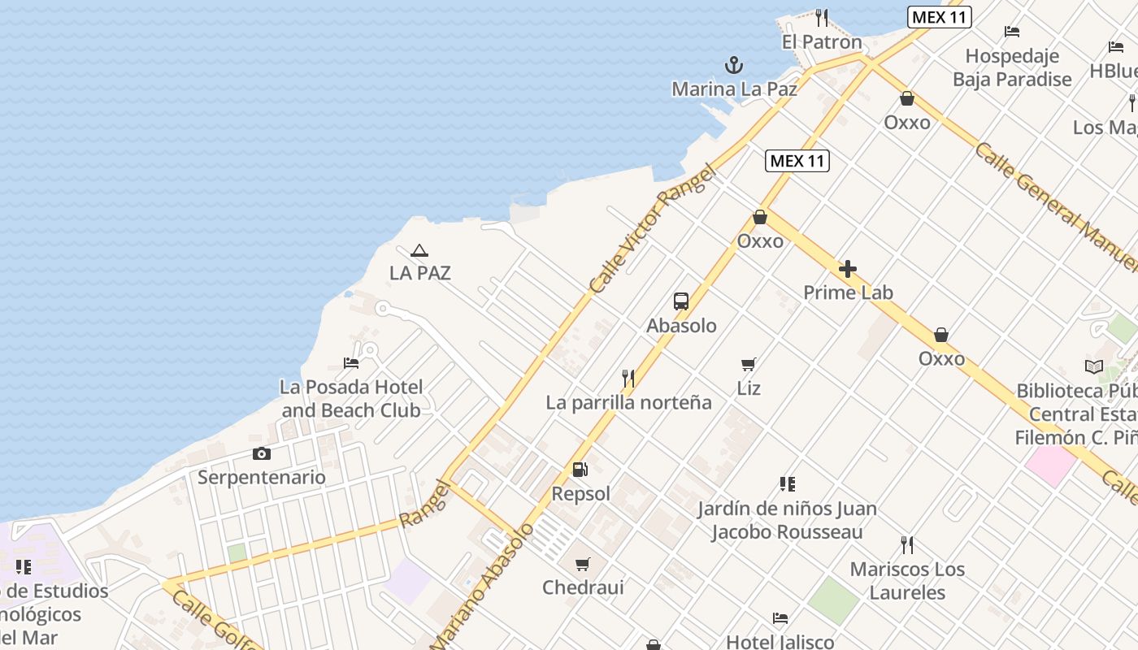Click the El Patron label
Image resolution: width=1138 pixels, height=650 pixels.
tap(822, 42)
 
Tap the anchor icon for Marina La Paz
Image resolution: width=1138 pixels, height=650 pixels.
tap(734, 65)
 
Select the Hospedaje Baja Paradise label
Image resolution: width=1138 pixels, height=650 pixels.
tap(1012, 67)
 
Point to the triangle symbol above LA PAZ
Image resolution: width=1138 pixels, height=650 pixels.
tap(419, 251)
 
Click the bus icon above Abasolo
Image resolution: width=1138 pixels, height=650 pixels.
tap(681, 301)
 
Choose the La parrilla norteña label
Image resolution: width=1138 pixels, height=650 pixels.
tap(628, 402)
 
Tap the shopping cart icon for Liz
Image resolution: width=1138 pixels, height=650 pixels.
tap(749, 365)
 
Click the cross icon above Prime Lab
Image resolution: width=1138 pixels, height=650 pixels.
tap(848, 269)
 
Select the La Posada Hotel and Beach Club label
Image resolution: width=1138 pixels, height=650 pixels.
tap(351, 398)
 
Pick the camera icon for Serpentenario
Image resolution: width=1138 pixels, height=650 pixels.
tap(262, 454)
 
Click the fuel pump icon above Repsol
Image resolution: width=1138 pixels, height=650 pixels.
tap(580, 470)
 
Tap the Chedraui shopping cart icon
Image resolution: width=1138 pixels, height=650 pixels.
tap(583, 564)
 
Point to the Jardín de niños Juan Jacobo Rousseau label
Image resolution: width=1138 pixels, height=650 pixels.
tap(787, 520)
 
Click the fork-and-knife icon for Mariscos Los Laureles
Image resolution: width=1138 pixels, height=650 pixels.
tap(907, 544)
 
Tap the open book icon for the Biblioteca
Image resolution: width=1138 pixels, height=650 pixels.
tap(1094, 367)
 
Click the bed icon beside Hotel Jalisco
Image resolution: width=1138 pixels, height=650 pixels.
tap(780, 618)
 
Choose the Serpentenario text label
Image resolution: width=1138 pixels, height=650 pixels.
tap(262, 477)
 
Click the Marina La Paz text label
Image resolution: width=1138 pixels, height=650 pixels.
tap(734, 89)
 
